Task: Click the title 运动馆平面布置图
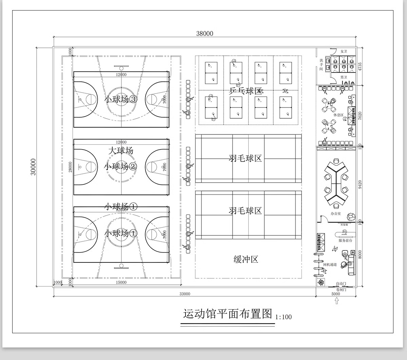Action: pyautogui.click(x=228, y=314)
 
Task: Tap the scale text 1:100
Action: pyautogui.click(x=284, y=317)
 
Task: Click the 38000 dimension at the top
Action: pyautogui.click(x=205, y=33)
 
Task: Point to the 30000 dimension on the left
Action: pyautogui.click(x=33, y=167)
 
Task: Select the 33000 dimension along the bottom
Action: pyautogui.click(x=185, y=294)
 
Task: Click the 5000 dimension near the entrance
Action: pyautogui.click(x=335, y=294)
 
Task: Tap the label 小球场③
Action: pyautogui.click(x=121, y=99)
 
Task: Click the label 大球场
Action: pyautogui.click(x=121, y=151)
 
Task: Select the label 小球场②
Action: pyautogui.click(x=121, y=166)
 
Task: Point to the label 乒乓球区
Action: pyautogui.click(x=246, y=91)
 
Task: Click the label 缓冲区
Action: pyautogui.click(x=246, y=259)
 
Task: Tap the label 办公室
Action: pyautogui.click(x=336, y=214)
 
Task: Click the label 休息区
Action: pyautogui.click(x=338, y=115)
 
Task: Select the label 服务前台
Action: pyautogui.click(x=345, y=240)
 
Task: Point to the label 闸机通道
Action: pyautogui.click(x=330, y=264)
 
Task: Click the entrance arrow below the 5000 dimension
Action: pyautogui.click(x=336, y=301)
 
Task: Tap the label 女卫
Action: pyautogui.click(x=344, y=52)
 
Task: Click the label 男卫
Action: pyautogui.click(x=344, y=78)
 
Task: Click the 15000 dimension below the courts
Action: pyautogui.click(x=121, y=282)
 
